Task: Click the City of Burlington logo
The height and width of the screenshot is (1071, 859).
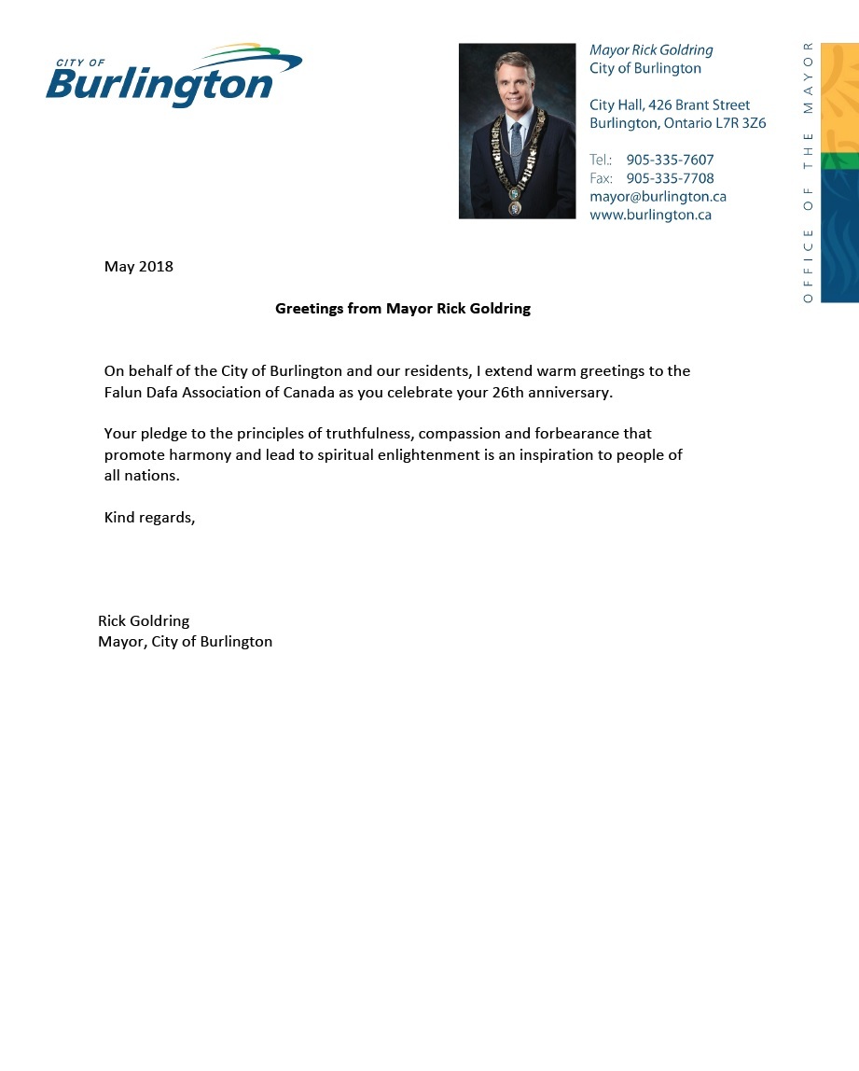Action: pos(173,76)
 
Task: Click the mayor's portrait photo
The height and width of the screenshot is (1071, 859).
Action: pos(517,131)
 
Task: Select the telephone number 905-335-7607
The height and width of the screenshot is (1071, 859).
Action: pos(670,160)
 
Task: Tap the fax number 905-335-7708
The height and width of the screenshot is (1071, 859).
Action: pos(670,178)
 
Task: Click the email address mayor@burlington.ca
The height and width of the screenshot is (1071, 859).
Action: pos(658,197)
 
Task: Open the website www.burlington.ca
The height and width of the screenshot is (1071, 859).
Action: pos(650,215)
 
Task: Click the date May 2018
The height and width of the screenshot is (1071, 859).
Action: pos(139,267)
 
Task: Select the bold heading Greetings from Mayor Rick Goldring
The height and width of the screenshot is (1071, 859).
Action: pos(403,309)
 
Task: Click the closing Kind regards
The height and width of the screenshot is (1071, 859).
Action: pos(149,518)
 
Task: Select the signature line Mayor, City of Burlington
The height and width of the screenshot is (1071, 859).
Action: pos(185,642)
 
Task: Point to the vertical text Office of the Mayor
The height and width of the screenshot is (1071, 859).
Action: pos(808,172)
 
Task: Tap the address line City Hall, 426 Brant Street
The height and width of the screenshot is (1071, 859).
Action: pos(669,105)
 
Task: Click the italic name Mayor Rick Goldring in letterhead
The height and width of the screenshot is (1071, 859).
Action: pos(651,50)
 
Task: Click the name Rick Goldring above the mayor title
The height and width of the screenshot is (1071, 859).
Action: pos(144,621)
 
